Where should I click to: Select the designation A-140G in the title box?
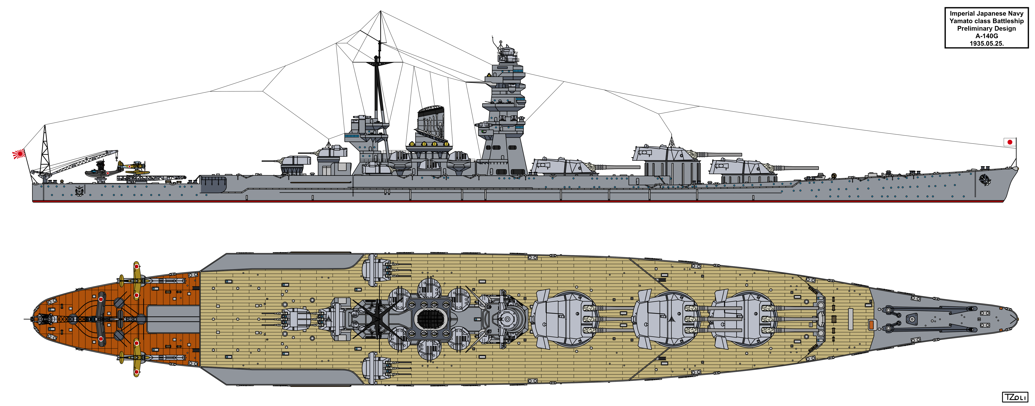click(x=986, y=36)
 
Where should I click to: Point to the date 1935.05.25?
click(x=986, y=43)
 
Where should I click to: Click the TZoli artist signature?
click(x=1015, y=397)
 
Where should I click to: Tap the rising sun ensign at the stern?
click(x=19, y=153)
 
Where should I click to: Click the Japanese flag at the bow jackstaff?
click(x=1009, y=142)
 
